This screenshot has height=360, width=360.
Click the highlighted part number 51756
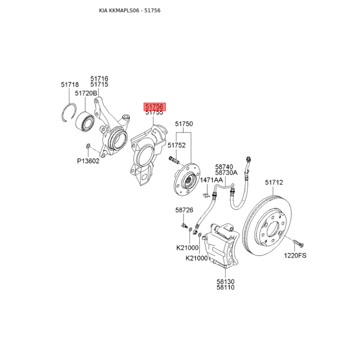[x=154, y=107]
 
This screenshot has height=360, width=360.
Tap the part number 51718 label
[x=70, y=85]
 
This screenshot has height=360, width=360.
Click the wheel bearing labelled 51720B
[x=85, y=120]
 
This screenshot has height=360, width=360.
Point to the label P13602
[x=88, y=161]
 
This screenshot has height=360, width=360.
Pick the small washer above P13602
[x=88, y=145]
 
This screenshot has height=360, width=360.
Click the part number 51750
[x=184, y=124]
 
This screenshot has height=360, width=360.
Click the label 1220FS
[x=295, y=255]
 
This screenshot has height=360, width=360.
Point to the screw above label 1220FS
[x=298, y=243]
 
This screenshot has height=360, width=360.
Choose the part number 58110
[x=225, y=287]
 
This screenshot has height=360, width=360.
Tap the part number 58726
[x=184, y=210]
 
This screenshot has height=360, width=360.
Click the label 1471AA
[x=211, y=180]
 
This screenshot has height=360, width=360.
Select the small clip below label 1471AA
[x=206, y=195]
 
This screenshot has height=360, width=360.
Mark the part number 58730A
[x=226, y=172]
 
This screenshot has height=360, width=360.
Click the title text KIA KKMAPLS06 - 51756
[x=130, y=10]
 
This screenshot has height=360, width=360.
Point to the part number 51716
[x=99, y=78]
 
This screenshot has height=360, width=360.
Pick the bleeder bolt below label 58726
[x=184, y=226]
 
